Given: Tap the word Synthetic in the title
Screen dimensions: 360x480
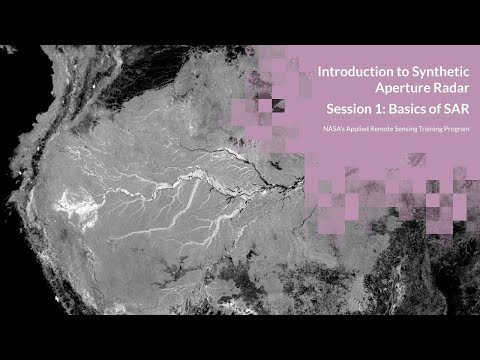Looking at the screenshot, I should (433, 73).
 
